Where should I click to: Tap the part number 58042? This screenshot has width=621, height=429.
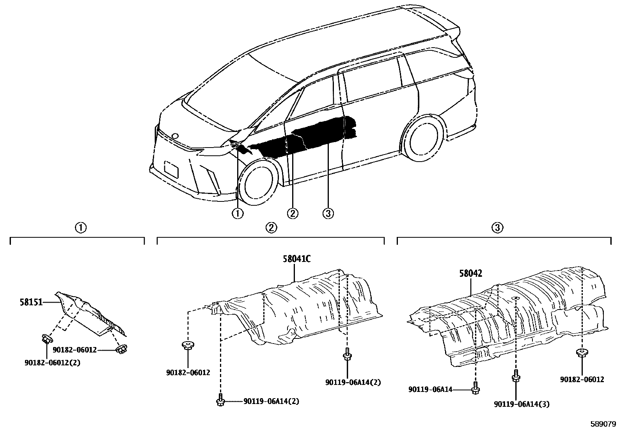click(470, 273)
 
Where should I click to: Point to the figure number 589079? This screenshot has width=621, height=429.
click(602, 423)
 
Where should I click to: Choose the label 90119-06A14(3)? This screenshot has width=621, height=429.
click(521, 404)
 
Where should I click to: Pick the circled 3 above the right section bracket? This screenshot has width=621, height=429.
click(497, 228)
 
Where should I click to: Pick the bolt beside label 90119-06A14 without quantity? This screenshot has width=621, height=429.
click(476, 388)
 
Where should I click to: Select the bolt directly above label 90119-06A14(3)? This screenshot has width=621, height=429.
click(515, 376)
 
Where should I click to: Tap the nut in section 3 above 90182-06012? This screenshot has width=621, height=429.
click(582, 353)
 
